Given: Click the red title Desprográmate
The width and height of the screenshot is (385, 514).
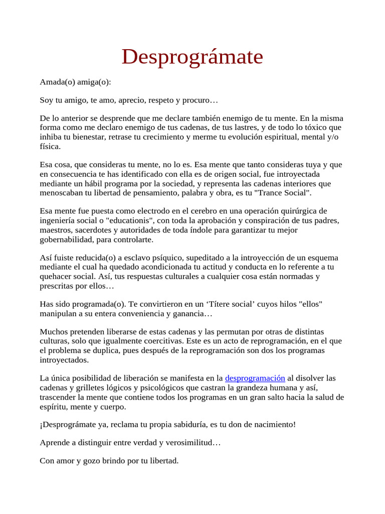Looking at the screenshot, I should pos(192,57).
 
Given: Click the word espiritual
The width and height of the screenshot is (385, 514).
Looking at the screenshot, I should pos(277,138).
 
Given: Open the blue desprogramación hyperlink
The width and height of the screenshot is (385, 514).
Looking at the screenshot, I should pos(255,378).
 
